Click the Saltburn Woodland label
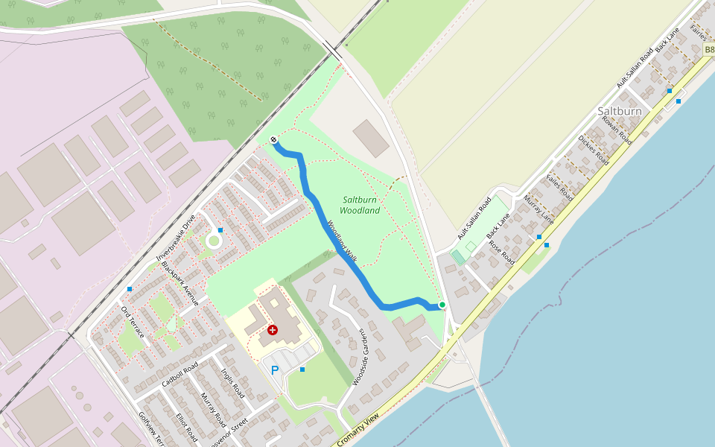pyautogui.click(x=361, y=205)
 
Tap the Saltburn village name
pyautogui.click(x=619, y=111)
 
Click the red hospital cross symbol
pyautogui.click(x=273, y=329)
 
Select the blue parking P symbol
pyautogui.click(x=275, y=370)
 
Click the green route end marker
pyautogui.click(x=442, y=305)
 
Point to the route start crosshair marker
pyautogui.click(x=274, y=139)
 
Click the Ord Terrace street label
pyautogui.click(x=132, y=320)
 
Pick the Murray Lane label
pyautogui.click(x=538, y=209)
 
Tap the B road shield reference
pyautogui.click(x=708, y=49)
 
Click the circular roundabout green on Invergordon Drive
pyautogui.click(x=214, y=241)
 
